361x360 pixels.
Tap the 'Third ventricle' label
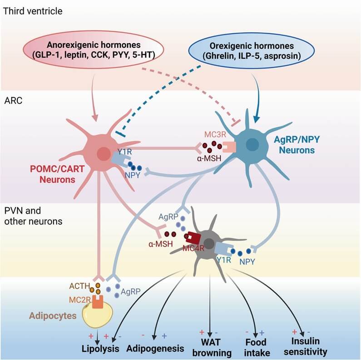(x=33, y=10)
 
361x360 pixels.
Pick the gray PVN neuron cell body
(x=209, y=244)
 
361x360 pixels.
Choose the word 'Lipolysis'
(x=100, y=349)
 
